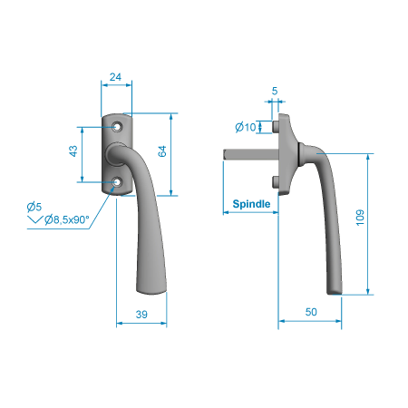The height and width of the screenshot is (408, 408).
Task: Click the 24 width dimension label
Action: click(x=115, y=77)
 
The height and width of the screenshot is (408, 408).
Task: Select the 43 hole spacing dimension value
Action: click(x=73, y=151)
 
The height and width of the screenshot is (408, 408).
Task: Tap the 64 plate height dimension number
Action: click(x=162, y=151)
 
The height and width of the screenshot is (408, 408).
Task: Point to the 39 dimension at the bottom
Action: click(x=141, y=315)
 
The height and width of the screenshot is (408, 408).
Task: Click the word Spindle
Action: click(x=251, y=204)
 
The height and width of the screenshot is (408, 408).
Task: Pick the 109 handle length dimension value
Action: click(x=360, y=218)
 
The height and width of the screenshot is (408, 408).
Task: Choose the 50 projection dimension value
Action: click(x=311, y=312)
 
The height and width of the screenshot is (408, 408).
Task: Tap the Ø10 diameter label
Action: click(x=246, y=127)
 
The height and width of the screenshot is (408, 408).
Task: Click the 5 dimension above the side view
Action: click(x=275, y=91)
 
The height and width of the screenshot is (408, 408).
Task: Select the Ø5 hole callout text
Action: click(x=34, y=207)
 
